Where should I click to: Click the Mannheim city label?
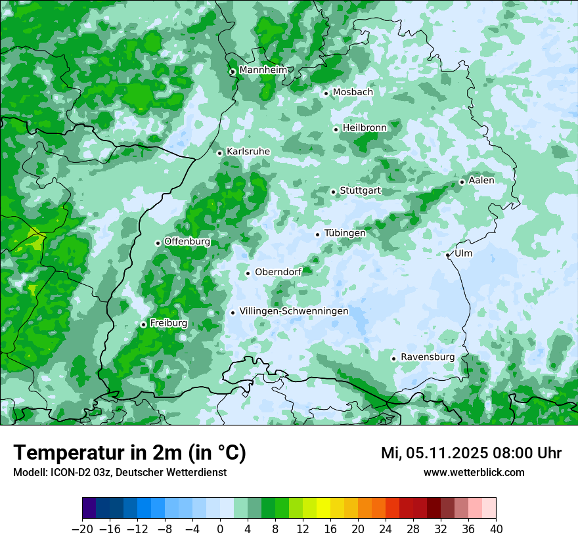click(263, 70)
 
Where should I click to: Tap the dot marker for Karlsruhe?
click(220, 153)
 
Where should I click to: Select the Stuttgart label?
click(360, 190)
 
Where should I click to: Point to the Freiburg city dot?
click(143, 324)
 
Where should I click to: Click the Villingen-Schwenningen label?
click(294, 311)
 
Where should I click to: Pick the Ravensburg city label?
click(427, 357)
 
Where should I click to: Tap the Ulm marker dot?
click(447, 255)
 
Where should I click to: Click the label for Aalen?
click(481, 180)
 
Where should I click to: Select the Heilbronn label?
click(364, 127)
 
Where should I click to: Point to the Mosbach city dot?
click(326, 93)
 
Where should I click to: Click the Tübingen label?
click(345, 232)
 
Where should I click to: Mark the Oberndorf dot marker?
click(248, 273)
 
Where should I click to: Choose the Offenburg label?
click(187, 241)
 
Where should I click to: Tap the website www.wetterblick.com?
click(474, 472)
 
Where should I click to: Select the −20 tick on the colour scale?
click(82, 529)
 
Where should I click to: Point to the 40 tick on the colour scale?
click(496, 529)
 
